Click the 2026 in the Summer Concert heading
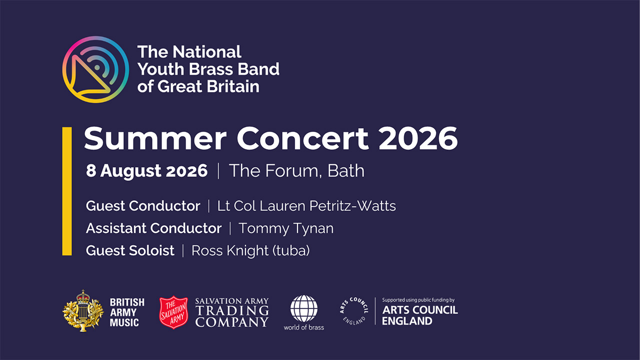(418, 138)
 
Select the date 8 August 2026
(146, 171)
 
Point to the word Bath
(345, 171)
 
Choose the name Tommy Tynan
(286, 228)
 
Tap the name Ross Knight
(230, 250)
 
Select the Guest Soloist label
(130, 250)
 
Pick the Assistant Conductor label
(153, 228)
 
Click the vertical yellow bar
(67, 191)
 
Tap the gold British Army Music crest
(83, 311)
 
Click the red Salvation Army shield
(173, 312)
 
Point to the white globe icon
(303, 309)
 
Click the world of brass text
(303, 327)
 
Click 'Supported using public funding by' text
(418, 300)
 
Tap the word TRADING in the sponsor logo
(232, 311)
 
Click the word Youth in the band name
(160, 69)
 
